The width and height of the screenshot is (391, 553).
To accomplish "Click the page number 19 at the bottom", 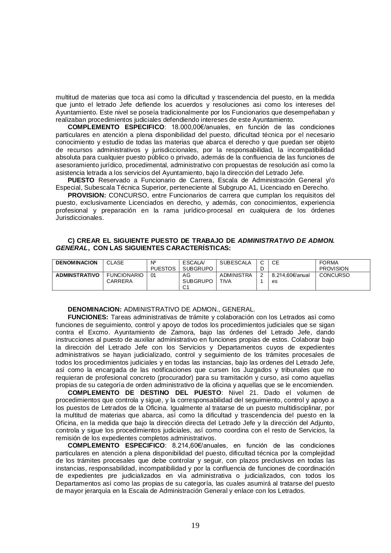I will coord(195,525).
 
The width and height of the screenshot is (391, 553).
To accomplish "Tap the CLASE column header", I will coord(115,263).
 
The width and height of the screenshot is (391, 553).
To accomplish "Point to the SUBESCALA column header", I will coord(235,263).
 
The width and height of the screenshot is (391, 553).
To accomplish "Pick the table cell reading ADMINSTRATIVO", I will coord(78,275).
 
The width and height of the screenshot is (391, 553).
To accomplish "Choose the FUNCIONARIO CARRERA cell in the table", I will coord(125,278).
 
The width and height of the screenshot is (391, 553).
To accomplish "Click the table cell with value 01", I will coord(153,275).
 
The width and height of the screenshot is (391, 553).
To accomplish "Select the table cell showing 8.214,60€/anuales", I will coord(290,278).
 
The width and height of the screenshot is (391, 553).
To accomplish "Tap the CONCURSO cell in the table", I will coord(334,275).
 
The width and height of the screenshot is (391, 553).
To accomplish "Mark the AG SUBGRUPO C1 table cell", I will coord(197,281).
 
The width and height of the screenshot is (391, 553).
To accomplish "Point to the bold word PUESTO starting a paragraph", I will coord(81,180).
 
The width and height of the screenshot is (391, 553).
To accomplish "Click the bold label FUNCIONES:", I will coord(88,317).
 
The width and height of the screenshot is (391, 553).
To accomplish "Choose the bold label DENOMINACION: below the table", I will coord(95,309).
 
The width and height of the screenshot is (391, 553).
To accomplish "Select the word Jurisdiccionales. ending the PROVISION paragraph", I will coord(80,218).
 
